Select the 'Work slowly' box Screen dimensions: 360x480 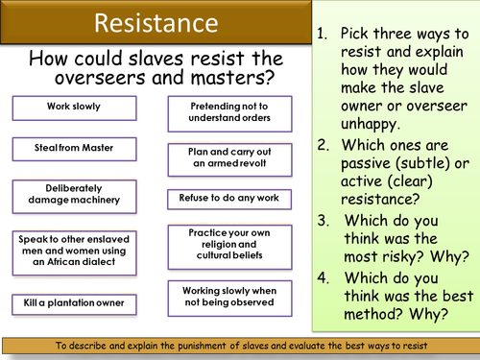point(73,106)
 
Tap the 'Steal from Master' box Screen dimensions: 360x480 point(73,148)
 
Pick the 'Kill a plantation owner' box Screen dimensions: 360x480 point(73,303)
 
